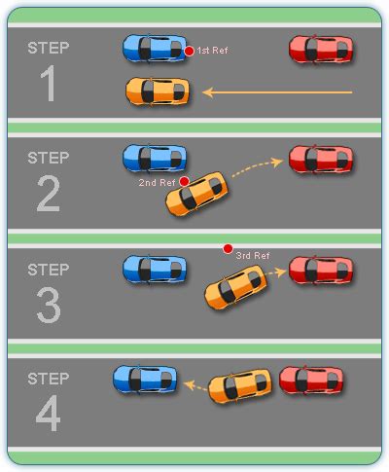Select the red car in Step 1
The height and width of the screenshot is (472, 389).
pyautogui.click(x=321, y=48)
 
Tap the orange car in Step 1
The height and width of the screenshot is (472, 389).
pyautogui.click(x=156, y=91)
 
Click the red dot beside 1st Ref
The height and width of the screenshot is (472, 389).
pyautogui.click(x=189, y=51)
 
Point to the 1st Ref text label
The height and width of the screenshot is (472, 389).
pyautogui.click(x=213, y=51)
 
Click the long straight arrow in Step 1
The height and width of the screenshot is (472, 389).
pyautogui.click(x=277, y=93)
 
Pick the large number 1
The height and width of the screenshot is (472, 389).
pyautogui.click(x=48, y=87)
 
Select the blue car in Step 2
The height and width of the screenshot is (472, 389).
pyautogui.click(x=154, y=157)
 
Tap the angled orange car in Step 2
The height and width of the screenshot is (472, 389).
pyautogui.click(x=197, y=193)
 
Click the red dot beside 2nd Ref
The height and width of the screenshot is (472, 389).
pyautogui.click(x=184, y=181)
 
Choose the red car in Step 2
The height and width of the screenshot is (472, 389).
pyautogui.click(x=321, y=158)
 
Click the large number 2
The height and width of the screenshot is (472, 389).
pyautogui.click(x=48, y=196)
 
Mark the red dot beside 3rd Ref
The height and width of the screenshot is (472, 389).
pyautogui.click(x=228, y=249)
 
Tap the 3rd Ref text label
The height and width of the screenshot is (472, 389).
pyautogui.click(x=253, y=256)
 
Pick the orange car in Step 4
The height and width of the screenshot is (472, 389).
pyautogui.click(x=239, y=385)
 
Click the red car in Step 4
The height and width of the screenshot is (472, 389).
pyautogui.click(x=310, y=380)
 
